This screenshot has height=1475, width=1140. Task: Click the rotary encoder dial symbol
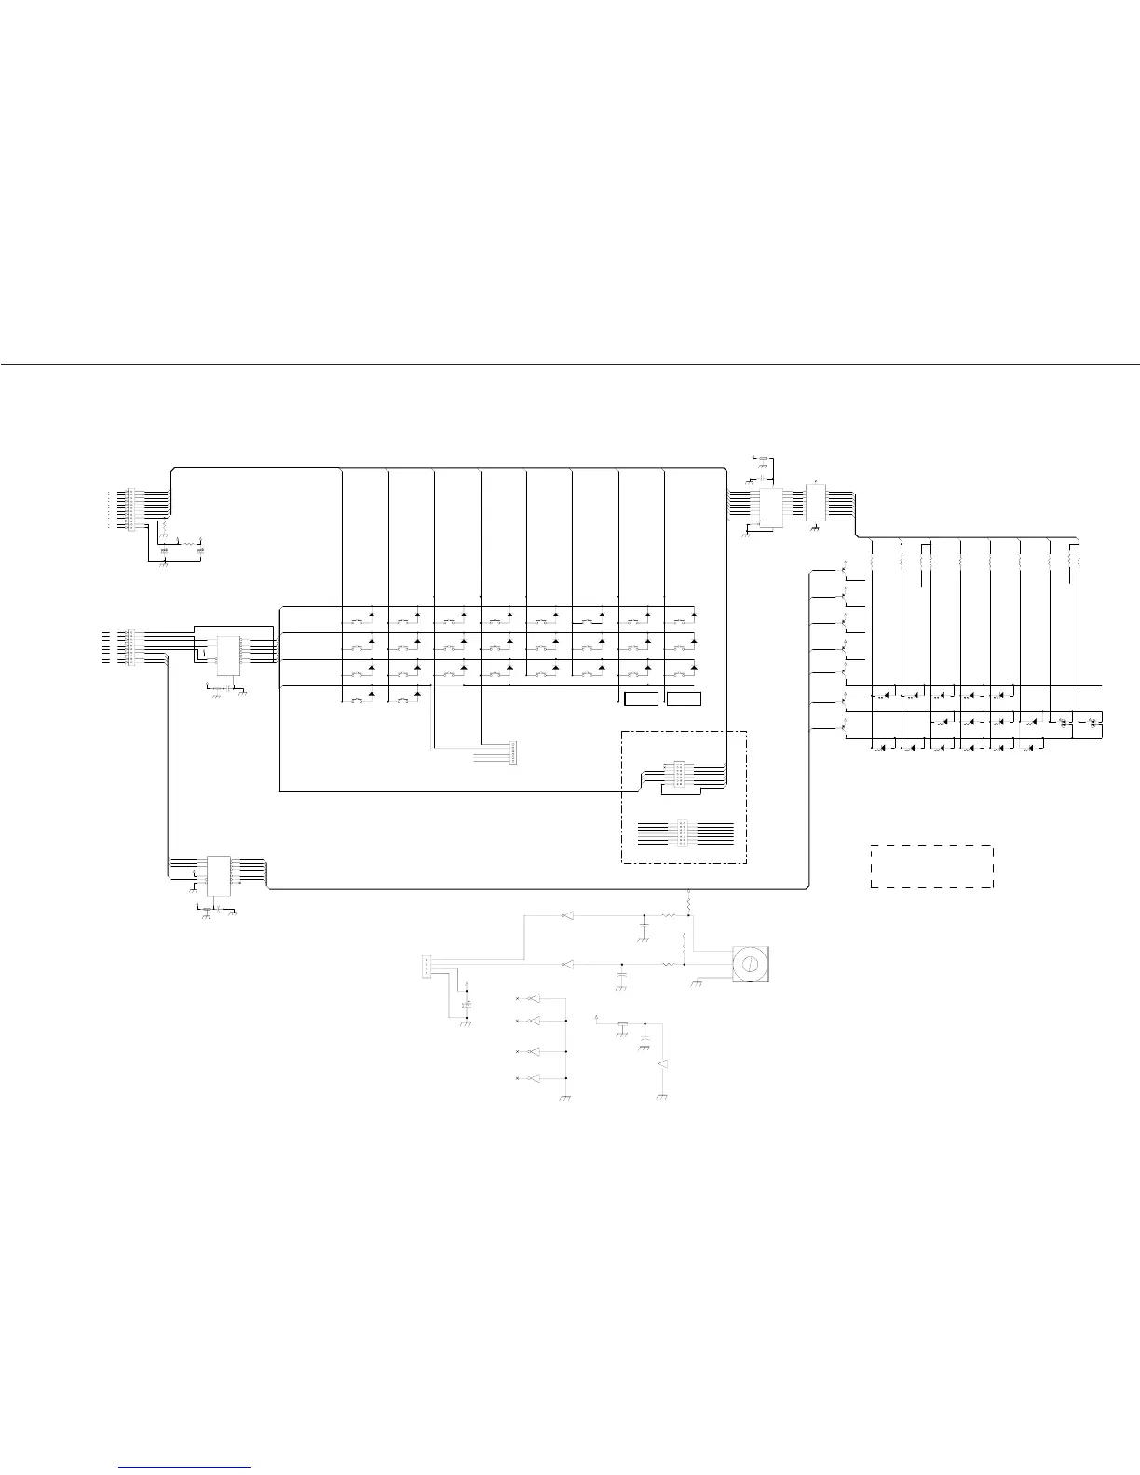click(748, 964)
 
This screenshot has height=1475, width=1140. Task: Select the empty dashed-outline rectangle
click(932, 866)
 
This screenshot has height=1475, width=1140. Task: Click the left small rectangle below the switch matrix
click(641, 698)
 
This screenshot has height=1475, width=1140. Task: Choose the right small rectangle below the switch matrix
click(684, 698)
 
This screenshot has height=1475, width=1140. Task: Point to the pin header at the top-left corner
click(130, 507)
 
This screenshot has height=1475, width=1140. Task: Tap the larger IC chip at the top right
click(772, 507)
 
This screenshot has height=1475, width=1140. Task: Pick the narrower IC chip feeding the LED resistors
click(816, 503)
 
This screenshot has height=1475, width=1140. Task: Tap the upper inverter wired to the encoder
click(566, 916)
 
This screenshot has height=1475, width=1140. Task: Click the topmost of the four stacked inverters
click(534, 999)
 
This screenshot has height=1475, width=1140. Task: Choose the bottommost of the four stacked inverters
click(534, 1078)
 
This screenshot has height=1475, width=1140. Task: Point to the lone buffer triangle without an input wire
click(663, 1063)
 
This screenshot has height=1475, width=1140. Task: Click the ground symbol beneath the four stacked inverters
click(565, 1099)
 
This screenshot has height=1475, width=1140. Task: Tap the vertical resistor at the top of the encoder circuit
click(688, 901)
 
